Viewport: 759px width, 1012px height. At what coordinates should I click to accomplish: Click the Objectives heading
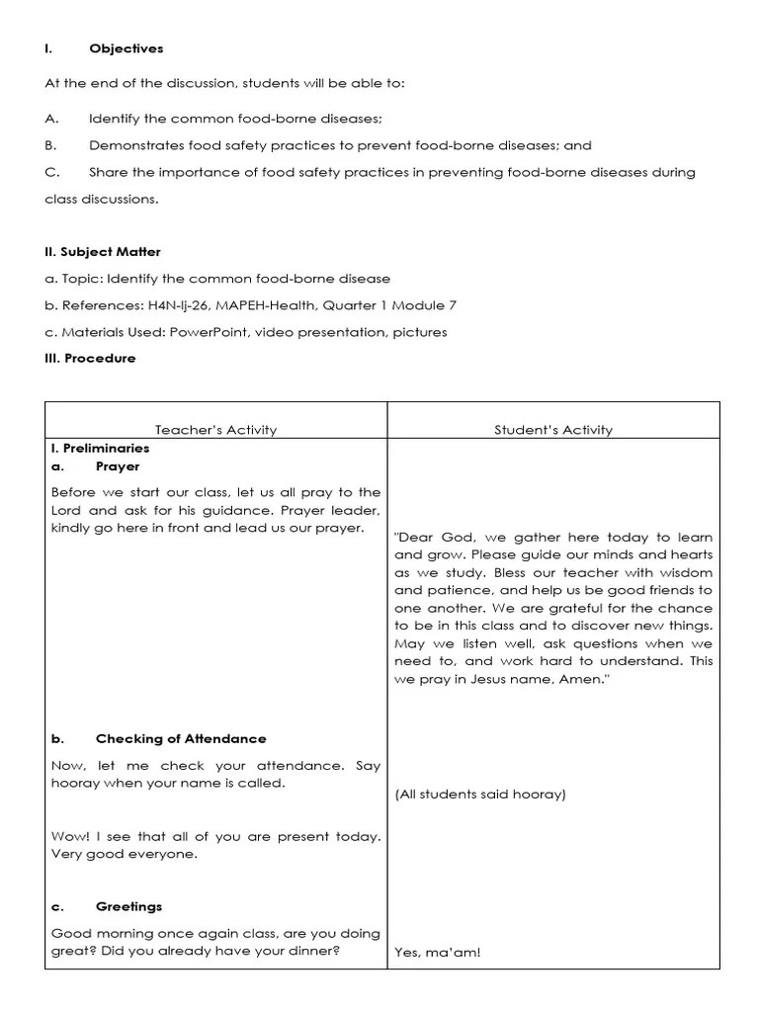click(126, 48)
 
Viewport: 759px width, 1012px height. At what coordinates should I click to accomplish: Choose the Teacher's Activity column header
click(215, 430)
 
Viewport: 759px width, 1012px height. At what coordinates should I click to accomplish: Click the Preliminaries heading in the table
click(104, 448)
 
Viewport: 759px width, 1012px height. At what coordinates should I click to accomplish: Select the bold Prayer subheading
click(118, 466)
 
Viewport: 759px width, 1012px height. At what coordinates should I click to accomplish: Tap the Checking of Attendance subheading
click(181, 738)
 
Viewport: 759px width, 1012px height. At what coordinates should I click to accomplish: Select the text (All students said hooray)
click(479, 795)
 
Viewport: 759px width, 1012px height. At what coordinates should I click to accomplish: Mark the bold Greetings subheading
click(128, 906)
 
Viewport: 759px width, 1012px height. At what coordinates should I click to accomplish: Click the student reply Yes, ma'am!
click(437, 953)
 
